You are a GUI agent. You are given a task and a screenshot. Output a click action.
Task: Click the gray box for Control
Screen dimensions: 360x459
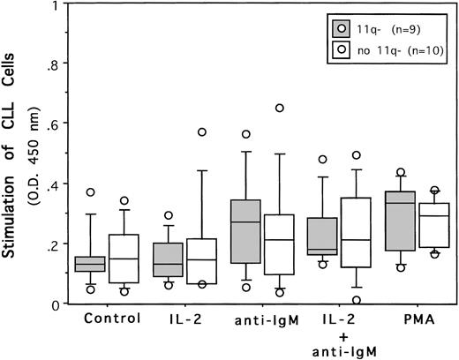pyautogui.click(x=114, y=264)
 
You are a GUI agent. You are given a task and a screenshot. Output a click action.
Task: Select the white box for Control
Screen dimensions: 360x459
pyautogui.click(x=148, y=259)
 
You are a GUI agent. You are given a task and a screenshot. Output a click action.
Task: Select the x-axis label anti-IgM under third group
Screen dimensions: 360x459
pyautogui.click(x=269, y=320)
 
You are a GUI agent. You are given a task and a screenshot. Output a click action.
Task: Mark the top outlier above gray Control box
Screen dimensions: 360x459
pyautogui.click(x=114, y=192)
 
